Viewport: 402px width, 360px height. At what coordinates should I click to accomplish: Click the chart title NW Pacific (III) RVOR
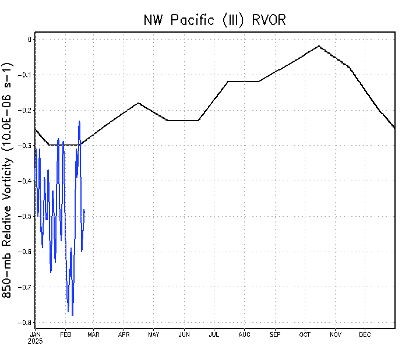[x=215, y=20]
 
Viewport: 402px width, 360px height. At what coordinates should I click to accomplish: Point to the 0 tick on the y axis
[x=29, y=40]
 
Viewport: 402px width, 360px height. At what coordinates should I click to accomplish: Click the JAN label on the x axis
[x=36, y=334]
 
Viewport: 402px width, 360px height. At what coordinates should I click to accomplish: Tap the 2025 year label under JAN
[x=36, y=341]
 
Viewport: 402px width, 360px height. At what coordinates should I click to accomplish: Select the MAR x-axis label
[x=94, y=334]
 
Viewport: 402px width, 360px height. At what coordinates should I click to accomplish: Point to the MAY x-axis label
[x=154, y=334]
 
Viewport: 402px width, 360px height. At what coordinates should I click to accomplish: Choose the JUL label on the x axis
[x=214, y=334]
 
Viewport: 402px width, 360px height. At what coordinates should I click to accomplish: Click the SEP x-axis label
[x=275, y=334]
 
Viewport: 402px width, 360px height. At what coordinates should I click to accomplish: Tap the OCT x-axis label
[x=305, y=334]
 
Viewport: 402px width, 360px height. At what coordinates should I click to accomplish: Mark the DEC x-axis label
[x=365, y=334]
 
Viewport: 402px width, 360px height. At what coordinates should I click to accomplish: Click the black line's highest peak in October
[x=319, y=46]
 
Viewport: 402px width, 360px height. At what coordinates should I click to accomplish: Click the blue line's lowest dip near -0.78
[x=72, y=315]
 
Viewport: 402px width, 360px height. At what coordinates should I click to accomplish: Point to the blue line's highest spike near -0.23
[x=79, y=121]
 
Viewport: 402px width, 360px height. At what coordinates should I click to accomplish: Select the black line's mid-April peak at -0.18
[x=138, y=103]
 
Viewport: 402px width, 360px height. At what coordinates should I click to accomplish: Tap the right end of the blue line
[x=84, y=210]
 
